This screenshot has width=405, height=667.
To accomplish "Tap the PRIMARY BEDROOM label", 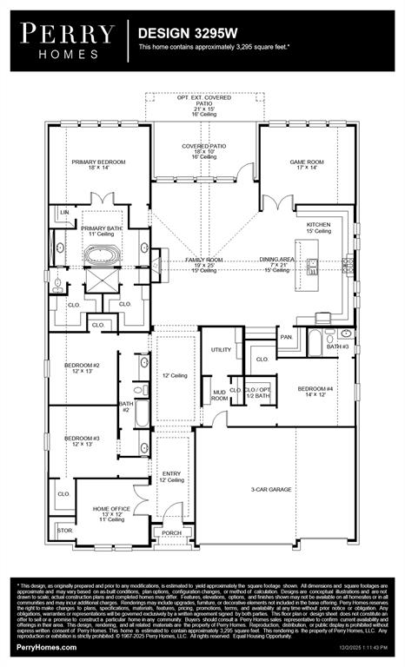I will pos(98,162).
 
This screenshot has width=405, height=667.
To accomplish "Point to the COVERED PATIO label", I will pos(204,147).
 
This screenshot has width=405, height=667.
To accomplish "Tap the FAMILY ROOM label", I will pos(203,261).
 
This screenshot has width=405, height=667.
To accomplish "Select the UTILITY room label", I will pos(221,350).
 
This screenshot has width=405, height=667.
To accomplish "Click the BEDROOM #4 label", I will pos(315,388).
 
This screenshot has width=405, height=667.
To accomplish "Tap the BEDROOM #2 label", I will pos(82,366).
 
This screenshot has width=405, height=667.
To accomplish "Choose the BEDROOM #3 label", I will pos(82,439).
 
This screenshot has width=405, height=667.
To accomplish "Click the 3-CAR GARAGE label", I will pos(271,490).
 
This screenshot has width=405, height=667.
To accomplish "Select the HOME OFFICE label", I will pos(111,510).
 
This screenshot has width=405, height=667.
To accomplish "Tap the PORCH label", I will pos(171,533).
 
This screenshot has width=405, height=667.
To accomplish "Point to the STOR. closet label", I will pos(63,529).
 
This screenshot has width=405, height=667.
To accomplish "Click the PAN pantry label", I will pos(285,336).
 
